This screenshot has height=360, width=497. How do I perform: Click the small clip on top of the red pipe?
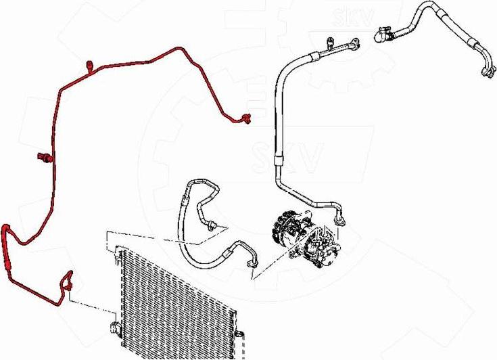coord(90,66)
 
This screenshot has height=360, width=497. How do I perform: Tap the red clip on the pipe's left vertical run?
coord(45,157)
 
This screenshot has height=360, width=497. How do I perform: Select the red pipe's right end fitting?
coord(245,118)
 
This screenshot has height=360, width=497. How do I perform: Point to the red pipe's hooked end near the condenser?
coord(68,280)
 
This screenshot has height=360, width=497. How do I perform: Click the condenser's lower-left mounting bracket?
coord(116,326)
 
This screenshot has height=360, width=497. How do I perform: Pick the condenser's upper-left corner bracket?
coord(118,255)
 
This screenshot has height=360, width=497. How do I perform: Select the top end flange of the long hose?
coord(355,44)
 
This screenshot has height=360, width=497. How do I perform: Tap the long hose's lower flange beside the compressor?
coord(340,220)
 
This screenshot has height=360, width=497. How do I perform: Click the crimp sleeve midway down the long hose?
coord(277,160)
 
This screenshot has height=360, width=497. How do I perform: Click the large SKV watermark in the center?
coord(287,158)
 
